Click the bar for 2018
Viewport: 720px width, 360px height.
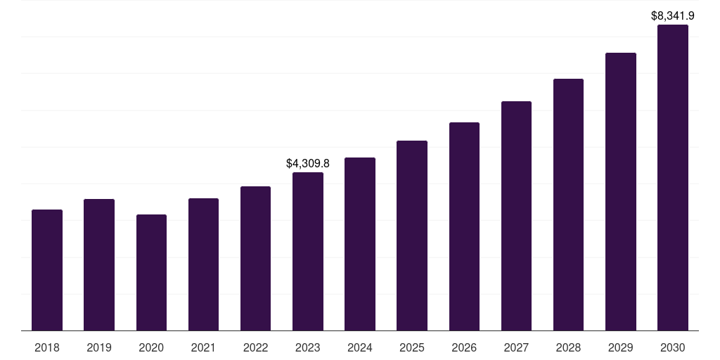[47, 270]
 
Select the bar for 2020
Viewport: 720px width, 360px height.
[151, 273]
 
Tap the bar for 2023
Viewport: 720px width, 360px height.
[308, 252]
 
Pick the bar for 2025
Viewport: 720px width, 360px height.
[412, 236]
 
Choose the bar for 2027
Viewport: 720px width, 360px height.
[516, 216]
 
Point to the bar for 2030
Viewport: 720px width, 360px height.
[673, 178]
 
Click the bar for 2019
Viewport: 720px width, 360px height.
[99, 265]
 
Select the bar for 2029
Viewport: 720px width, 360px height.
[621, 192]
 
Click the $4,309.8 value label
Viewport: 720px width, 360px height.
[308, 163]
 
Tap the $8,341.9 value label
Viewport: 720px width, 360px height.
[673, 15]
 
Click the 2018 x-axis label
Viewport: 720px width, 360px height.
[47, 347]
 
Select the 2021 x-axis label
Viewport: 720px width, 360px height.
[203, 347]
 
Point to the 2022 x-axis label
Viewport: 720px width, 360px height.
[255, 347]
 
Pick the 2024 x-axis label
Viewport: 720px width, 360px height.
[360, 347]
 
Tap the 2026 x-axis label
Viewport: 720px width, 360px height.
[464, 347]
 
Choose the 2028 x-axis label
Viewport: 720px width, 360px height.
[568, 347]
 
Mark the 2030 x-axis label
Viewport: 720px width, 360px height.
[673, 347]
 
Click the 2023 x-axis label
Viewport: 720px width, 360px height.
[308, 347]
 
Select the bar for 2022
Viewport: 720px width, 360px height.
[255, 259]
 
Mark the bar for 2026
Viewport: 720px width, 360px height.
[464, 226]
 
